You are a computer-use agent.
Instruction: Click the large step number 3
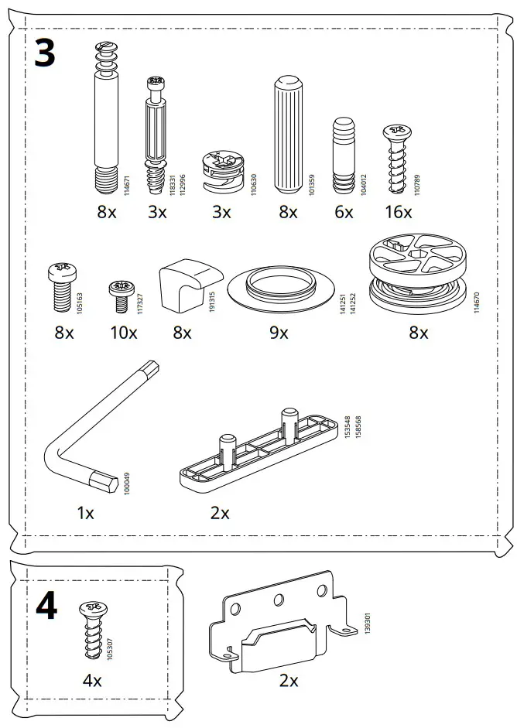pyautogui.click(x=46, y=55)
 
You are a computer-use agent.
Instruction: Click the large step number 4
pyautogui.click(x=46, y=606)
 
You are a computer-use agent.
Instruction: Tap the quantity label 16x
pyautogui.click(x=399, y=212)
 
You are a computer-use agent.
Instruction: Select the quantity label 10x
pyautogui.click(x=123, y=333)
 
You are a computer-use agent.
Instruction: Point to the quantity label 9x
pyautogui.click(x=279, y=333)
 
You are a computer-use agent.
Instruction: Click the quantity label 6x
pyautogui.click(x=344, y=212)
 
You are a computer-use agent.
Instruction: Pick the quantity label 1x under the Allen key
pyautogui.click(x=85, y=513)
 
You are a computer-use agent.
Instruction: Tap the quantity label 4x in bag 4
pyautogui.click(x=93, y=681)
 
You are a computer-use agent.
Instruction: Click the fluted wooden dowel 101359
pyautogui.click(x=287, y=136)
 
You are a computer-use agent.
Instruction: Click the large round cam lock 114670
pyautogui.click(x=418, y=275)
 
